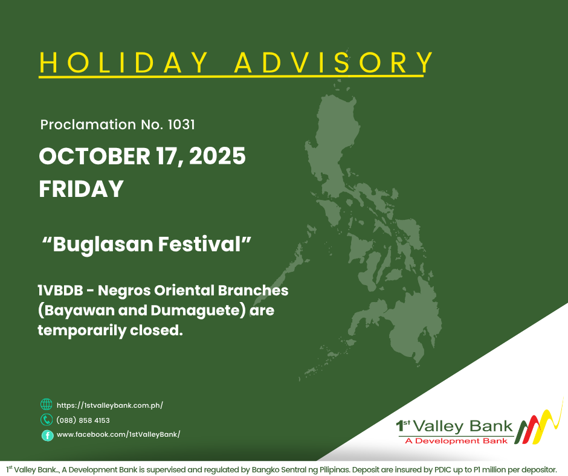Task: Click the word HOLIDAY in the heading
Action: (124, 63)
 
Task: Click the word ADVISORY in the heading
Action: (334, 63)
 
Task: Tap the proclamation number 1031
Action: (181, 124)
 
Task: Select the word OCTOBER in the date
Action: (94, 156)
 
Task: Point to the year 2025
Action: (218, 156)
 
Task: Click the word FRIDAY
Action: (81, 188)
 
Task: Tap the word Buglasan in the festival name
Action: (103, 245)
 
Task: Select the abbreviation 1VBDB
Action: (60, 291)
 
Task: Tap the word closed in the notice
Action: (157, 330)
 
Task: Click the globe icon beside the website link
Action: (47, 404)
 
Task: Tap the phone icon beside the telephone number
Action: (47, 419)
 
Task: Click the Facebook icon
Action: (48, 435)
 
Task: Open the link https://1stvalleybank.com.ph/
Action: (110, 405)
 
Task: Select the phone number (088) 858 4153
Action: (83, 420)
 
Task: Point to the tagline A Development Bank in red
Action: (456, 441)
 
